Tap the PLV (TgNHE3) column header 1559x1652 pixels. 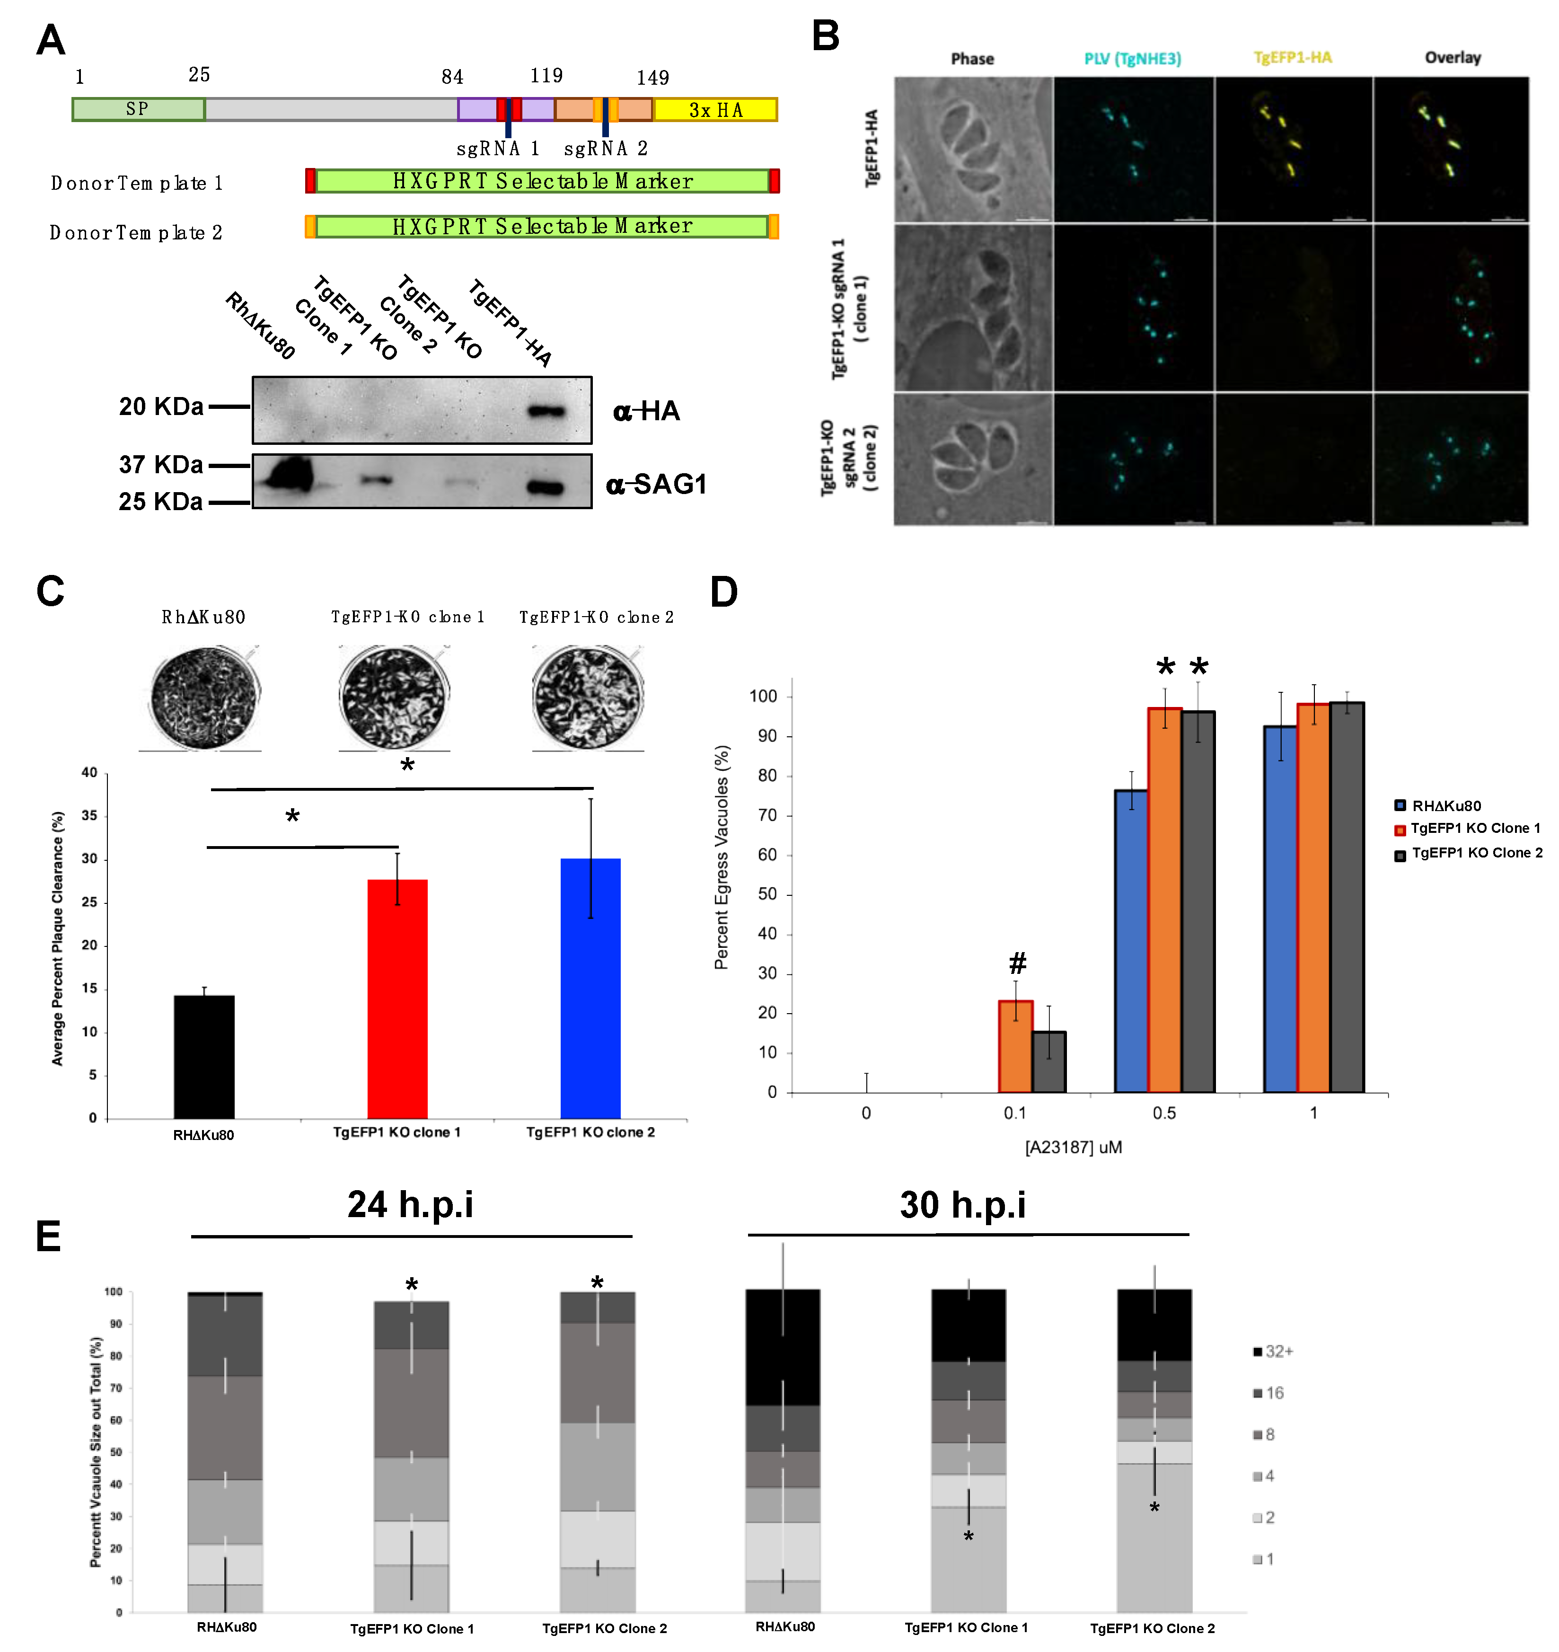[x=1132, y=58]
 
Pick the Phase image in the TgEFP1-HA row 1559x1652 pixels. [x=972, y=150]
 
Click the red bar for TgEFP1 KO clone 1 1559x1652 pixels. [x=397, y=997]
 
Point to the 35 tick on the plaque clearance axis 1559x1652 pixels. [x=89, y=816]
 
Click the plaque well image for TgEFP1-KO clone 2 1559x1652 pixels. [x=588, y=698]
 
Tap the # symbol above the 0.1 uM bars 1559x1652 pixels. [x=1017, y=963]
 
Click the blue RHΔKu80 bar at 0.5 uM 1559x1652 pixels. [x=1130, y=939]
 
